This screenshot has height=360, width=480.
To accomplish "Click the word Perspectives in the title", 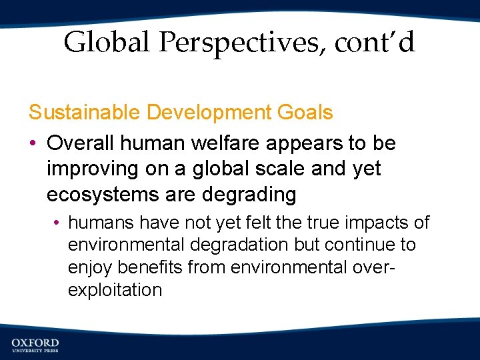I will pyautogui.click(x=245, y=43).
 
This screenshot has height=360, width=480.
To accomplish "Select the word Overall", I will pyautogui.click(x=81, y=143).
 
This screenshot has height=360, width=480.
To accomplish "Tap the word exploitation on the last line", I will pyautogui.click(x=115, y=291).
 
